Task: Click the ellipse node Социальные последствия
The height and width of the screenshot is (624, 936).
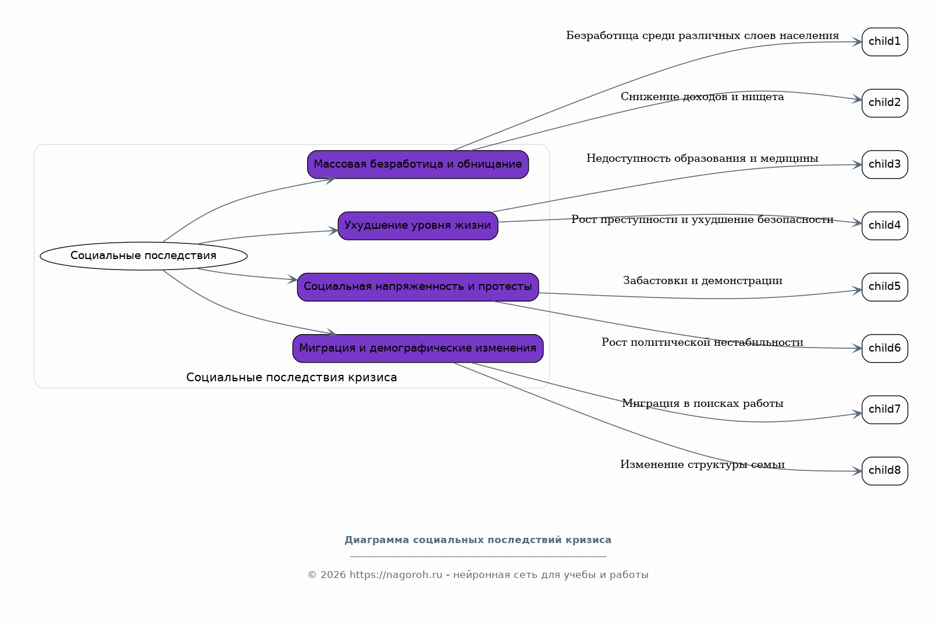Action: coord(143,256)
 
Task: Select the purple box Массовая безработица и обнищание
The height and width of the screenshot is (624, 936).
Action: coord(418,164)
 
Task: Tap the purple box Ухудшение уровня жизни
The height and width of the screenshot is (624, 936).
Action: coord(418,226)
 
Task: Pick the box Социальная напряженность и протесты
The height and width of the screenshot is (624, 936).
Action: coord(418,287)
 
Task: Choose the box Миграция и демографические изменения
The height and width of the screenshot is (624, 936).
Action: coord(418,349)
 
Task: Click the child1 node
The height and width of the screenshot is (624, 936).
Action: coord(885,42)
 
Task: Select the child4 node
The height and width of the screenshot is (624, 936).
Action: coord(885,226)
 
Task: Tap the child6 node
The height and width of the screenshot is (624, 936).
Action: coord(885,349)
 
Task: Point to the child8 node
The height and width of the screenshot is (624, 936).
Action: coord(885,471)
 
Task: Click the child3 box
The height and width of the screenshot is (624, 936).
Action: coord(885,164)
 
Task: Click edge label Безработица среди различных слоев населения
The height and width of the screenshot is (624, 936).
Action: coord(702,36)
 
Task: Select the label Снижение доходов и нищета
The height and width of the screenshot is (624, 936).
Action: coord(702,97)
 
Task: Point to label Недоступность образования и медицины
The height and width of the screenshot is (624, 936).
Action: coord(702,158)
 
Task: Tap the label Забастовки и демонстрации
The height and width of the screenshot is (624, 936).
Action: coord(702,281)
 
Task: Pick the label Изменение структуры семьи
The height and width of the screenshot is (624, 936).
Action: coord(702,465)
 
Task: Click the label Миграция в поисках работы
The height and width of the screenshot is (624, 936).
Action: coord(702,403)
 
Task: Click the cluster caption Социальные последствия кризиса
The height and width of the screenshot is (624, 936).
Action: coord(291,378)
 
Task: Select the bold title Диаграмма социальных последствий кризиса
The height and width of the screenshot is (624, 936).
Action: coord(478,540)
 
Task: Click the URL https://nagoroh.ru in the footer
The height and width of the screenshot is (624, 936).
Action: coord(396,575)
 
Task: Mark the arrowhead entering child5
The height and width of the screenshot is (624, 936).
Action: coord(857,290)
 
